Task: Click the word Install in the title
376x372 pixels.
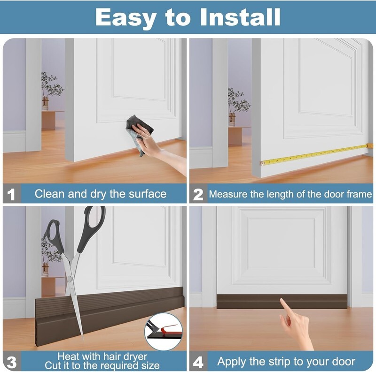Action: (240, 17)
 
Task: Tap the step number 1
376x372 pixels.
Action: (11, 194)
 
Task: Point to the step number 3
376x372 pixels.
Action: (11, 362)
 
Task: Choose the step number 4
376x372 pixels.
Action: (198, 362)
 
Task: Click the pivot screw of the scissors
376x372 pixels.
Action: (69, 278)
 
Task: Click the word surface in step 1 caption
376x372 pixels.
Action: (148, 194)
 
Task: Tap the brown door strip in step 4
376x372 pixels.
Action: (282, 301)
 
